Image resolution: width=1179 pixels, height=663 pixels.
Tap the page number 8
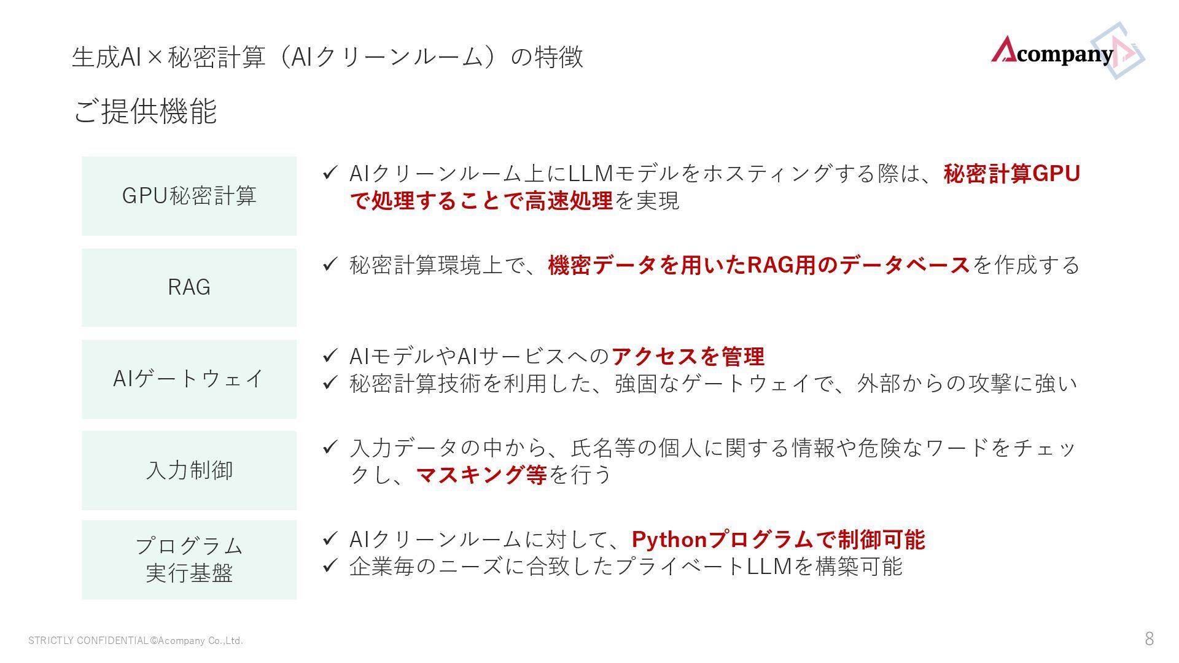click(1149, 639)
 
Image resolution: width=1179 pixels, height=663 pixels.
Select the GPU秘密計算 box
click(189, 196)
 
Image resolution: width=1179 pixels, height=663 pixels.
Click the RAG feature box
click(189, 287)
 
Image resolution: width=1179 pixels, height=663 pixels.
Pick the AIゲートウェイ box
click(189, 379)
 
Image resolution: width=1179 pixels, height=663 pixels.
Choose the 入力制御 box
click(189, 470)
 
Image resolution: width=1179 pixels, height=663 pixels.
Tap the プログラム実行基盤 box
click(189, 559)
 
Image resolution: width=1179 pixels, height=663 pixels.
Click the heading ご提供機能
click(145, 111)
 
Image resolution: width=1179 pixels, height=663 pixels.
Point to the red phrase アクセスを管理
click(688, 356)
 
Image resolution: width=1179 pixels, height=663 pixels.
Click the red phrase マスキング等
click(481, 475)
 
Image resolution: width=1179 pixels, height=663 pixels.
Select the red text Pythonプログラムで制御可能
click(778, 540)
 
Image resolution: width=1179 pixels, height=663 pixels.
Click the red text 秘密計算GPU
click(1011, 174)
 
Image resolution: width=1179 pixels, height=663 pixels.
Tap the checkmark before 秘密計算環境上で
click(330, 265)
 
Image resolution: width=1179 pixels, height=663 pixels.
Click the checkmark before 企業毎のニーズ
click(330, 565)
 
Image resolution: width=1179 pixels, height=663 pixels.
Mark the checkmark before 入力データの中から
click(330, 447)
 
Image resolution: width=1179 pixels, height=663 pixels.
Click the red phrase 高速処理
click(569, 201)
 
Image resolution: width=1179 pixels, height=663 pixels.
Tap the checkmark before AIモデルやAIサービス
click(330, 355)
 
